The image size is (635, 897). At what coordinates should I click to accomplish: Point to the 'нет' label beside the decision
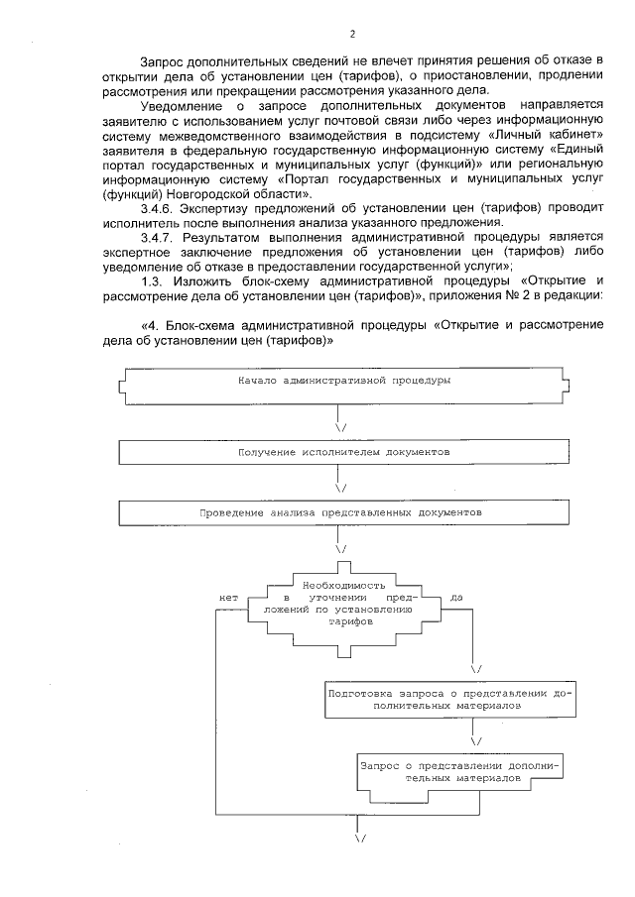tap(229, 598)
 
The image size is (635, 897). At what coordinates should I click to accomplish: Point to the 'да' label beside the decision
tap(455, 598)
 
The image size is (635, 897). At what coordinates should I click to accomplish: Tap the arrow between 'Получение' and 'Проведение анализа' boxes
tap(341, 487)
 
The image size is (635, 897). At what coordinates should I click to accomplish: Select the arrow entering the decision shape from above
tap(341, 548)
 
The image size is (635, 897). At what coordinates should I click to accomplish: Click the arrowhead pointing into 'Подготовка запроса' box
tap(475, 669)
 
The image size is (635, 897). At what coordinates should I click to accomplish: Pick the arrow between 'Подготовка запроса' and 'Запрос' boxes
tap(475, 739)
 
